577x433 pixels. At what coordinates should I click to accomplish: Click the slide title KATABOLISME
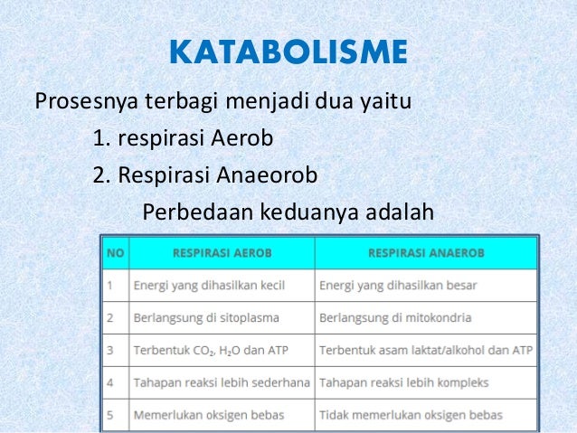coord(288,52)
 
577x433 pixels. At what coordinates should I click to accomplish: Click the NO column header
coord(115,252)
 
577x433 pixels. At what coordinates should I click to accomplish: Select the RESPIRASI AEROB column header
coord(222,252)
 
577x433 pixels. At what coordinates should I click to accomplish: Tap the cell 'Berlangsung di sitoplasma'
coord(206,318)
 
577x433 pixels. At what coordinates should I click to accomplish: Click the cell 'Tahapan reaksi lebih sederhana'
coord(222,382)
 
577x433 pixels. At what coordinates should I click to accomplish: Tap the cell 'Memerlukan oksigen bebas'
coord(209,415)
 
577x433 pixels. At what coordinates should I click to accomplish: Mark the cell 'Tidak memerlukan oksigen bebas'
coord(411,415)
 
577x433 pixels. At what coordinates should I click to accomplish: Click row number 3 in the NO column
coord(109,351)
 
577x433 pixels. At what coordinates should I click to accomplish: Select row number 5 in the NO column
coord(109,415)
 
